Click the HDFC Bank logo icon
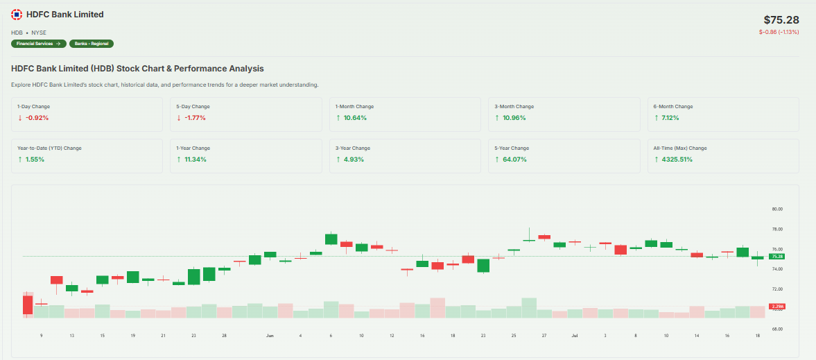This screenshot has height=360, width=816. click(x=17, y=15)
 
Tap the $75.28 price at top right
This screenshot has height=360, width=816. click(x=781, y=20)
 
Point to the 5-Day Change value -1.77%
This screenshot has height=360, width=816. click(x=196, y=118)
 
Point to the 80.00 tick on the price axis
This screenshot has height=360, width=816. click(x=776, y=209)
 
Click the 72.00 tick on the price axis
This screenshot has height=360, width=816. click(x=776, y=289)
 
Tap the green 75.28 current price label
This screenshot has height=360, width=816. click(x=776, y=257)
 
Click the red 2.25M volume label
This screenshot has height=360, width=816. click(x=776, y=307)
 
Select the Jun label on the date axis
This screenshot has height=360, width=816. click(x=270, y=335)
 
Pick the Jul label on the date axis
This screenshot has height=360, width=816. click(x=575, y=335)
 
